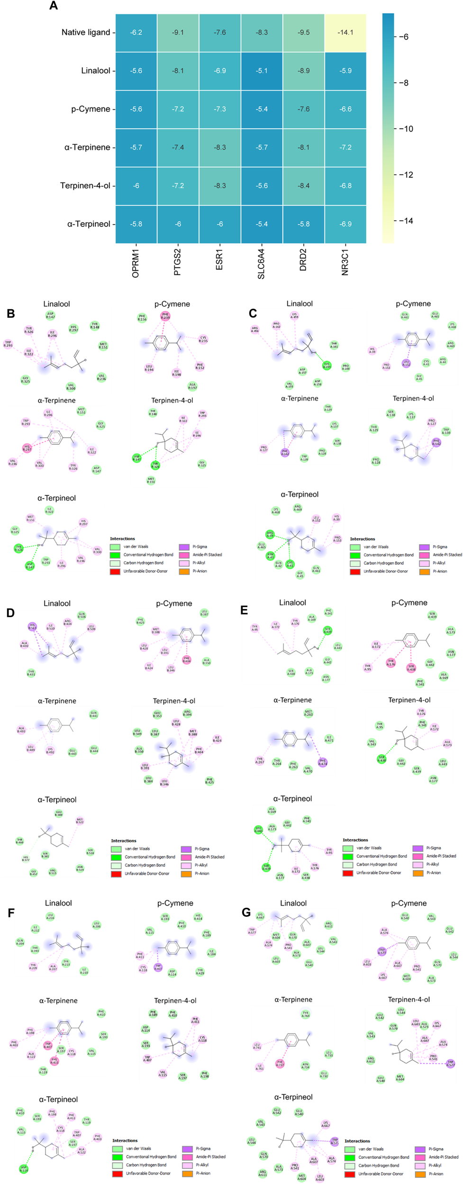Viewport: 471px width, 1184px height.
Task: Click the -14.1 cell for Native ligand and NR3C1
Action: [345, 33]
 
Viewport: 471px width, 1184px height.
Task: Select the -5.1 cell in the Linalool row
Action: [262, 71]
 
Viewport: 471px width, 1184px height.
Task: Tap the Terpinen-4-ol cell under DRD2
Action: [303, 186]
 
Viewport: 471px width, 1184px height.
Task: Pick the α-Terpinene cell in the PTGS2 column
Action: [178, 147]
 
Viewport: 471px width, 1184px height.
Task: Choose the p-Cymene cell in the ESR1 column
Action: [220, 109]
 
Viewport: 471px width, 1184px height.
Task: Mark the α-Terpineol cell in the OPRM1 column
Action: [136, 224]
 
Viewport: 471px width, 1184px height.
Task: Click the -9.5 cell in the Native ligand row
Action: [303, 33]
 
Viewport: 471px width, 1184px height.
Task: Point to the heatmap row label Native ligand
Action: [85, 33]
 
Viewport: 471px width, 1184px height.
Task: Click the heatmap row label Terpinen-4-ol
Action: [85, 186]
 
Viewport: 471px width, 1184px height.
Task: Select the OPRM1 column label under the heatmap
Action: [136, 263]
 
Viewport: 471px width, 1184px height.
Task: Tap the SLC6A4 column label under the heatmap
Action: [262, 264]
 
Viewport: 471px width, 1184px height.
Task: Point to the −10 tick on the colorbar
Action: [406, 129]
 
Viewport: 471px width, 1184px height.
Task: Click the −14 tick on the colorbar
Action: [406, 221]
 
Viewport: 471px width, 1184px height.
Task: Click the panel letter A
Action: [54, 6]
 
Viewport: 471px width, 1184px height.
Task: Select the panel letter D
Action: [10, 613]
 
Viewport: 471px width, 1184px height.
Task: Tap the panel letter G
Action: [246, 912]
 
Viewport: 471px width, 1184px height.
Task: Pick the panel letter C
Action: [253, 314]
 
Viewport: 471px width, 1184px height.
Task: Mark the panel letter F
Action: [11, 913]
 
